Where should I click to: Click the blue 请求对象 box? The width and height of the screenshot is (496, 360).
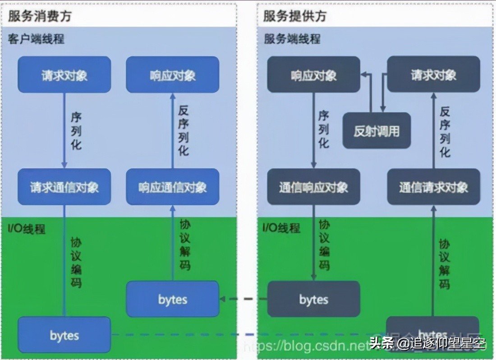pyautogui.click(x=64, y=75)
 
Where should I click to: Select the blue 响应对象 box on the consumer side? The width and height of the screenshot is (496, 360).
pyautogui.click(x=173, y=75)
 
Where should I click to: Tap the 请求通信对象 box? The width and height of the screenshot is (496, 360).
pyautogui.click(x=64, y=187)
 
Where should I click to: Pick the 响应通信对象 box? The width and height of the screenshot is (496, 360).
pyautogui.click(x=173, y=187)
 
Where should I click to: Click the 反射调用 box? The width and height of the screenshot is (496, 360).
pyautogui.click(x=377, y=131)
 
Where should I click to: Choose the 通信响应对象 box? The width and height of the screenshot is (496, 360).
pyautogui.click(x=313, y=187)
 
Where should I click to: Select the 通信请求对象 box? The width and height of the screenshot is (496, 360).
pyautogui.click(x=433, y=187)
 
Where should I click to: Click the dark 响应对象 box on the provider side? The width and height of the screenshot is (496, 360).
pyautogui.click(x=313, y=75)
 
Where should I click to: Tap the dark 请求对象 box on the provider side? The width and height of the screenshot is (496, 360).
pyautogui.click(x=433, y=75)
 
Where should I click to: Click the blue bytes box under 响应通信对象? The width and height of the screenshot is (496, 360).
pyautogui.click(x=173, y=299)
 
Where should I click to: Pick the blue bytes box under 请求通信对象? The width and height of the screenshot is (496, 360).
pyautogui.click(x=64, y=335)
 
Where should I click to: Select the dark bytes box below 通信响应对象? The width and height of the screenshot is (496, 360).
pyautogui.click(x=313, y=299)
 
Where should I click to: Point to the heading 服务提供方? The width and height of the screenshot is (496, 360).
pyautogui.click(x=295, y=16)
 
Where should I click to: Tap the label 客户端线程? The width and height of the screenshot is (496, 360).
pyautogui.click(x=36, y=39)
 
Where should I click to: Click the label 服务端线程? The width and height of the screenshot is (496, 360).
pyautogui.click(x=292, y=39)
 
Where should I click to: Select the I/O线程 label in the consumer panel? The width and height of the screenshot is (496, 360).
pyautogui.click(x=27, y=228)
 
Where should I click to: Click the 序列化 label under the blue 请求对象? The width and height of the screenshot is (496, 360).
pyautogui.click(x=76, y=131)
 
